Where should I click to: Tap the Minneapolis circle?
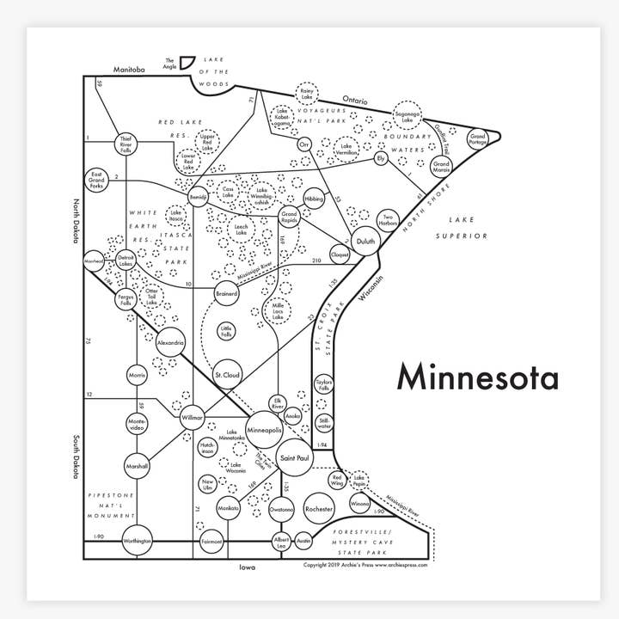pos(264,428)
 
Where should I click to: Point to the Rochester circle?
pos(319,509)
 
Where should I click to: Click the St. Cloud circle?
pos(227,376)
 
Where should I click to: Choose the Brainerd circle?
pos(226,293)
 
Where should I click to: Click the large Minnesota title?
pos(476,377)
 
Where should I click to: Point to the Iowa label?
pos(248,567)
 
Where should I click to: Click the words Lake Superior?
pos(461,227)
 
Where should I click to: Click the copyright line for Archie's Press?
pos(365,565)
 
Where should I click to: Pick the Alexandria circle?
pos(170,342)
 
